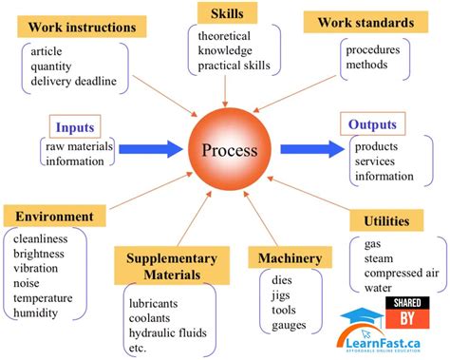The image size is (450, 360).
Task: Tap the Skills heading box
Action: coord(227,13)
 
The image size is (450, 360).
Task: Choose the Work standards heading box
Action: coord(364,21)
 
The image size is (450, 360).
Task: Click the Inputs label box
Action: coord(75,126)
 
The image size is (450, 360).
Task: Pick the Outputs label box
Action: coord(372,124)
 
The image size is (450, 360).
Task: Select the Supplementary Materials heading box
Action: coord(165,266)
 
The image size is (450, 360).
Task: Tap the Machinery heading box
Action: coord(290,258)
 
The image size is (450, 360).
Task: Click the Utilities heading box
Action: coord(386,221)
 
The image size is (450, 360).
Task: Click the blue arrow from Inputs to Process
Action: coord(141,147)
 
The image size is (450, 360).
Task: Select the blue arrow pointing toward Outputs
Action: coord(312,147)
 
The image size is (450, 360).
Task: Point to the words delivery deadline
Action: coord(74,81)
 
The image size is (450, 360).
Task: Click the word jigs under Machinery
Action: coord(281,295)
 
